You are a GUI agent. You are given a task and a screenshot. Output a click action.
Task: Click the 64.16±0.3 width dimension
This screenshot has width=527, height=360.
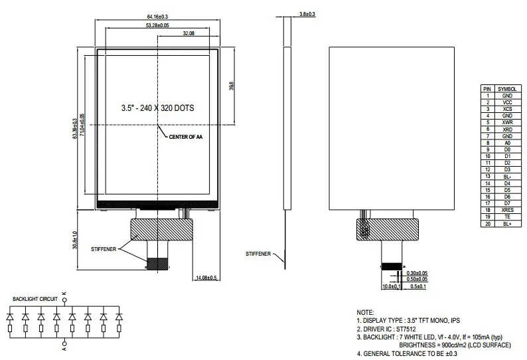(x=157, y=17)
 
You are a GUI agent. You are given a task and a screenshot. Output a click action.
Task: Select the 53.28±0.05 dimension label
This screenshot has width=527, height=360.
(x=157, y=25)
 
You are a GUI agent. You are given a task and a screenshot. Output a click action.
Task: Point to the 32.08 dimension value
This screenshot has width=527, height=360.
(x=188, y=33)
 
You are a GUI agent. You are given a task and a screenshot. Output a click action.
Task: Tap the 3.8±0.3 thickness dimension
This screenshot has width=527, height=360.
(x=307, y=14)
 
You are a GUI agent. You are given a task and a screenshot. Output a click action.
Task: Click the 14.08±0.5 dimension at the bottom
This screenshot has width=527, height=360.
(x=206, y=278)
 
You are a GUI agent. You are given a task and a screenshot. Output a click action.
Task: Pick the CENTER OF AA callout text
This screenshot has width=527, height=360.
(x=186, y=137)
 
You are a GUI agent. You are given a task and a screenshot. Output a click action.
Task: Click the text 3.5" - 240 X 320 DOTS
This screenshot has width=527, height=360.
(x=157, y=108)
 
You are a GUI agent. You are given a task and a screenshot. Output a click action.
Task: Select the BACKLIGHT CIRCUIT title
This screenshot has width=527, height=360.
(x=35, y=299)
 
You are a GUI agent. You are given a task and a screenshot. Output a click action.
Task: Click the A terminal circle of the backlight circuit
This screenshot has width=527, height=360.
(x=65, y=343)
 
